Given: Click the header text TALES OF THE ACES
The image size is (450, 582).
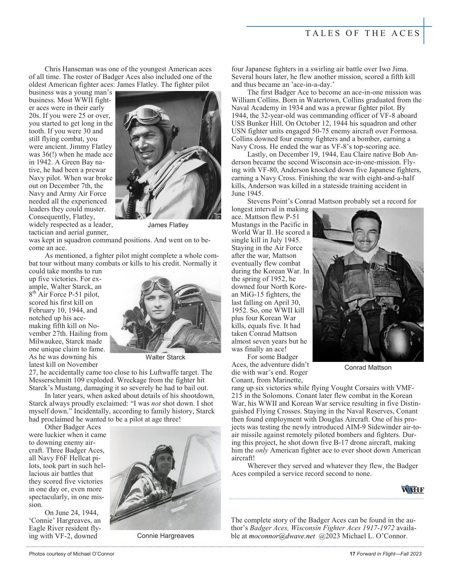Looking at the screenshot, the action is (x=363, y=34).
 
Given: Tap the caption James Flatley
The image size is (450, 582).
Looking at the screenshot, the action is (x=168, y=225).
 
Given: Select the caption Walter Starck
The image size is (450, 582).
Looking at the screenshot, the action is (x=165, y=357).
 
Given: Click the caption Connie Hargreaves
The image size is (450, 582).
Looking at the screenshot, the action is (x=166, y=536).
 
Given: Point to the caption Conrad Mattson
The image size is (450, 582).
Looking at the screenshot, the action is (x=368, y=368).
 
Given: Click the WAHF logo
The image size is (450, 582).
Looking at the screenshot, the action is (x=412, y=490).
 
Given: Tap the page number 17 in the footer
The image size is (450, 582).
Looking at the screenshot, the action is (x=352, y=554).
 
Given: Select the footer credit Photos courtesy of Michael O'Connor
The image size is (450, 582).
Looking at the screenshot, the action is (x=72, y=554).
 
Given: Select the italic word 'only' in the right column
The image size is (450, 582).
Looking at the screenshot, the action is (x=262, y=450).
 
